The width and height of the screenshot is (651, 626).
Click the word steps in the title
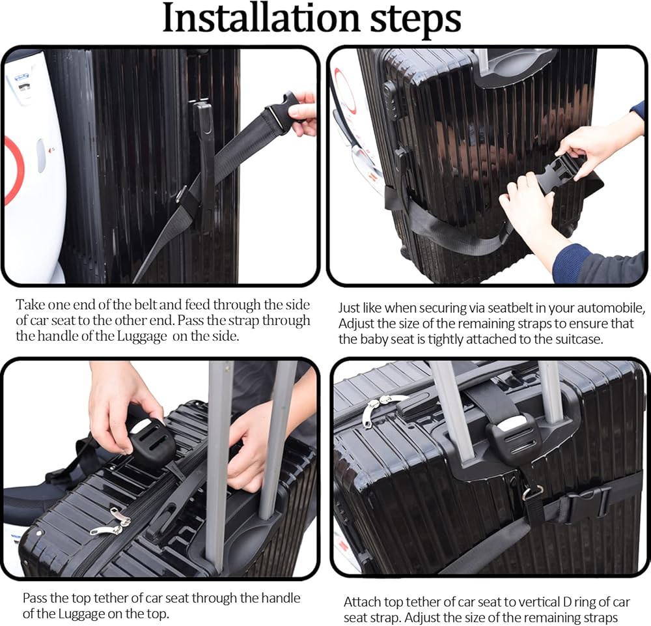pos(415,21)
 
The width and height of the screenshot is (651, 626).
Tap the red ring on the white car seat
pos(12,170)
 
